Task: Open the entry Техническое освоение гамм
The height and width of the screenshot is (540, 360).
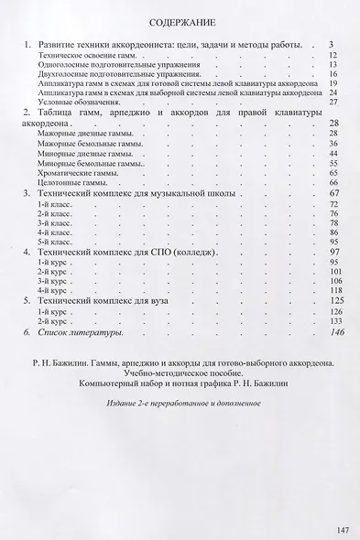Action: (x=87, y=55)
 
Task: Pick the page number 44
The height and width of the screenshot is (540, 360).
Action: (x=334, y=153)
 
